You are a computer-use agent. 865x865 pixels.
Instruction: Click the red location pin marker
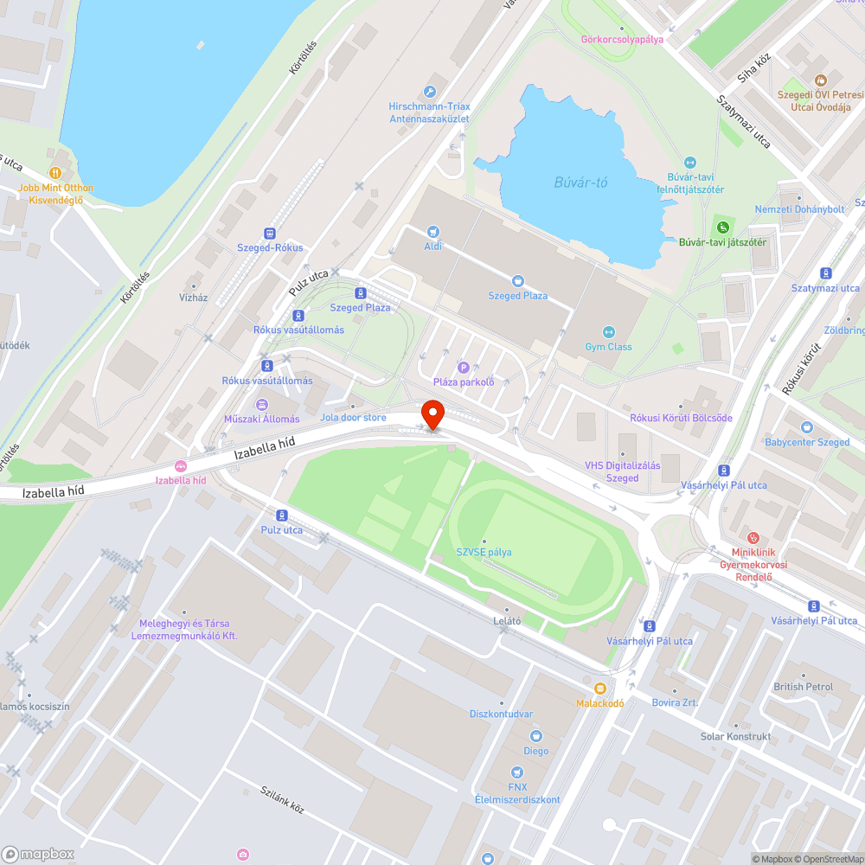coord(432,413)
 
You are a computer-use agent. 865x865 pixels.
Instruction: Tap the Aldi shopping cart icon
coord(433,232)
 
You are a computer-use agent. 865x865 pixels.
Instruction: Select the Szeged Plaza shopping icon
coord(518,280)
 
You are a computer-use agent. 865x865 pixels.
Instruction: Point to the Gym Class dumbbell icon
coord(608,332)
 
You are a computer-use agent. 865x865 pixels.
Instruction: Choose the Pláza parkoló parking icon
coord(464,368)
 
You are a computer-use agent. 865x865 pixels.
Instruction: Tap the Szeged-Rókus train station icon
coord(270,233)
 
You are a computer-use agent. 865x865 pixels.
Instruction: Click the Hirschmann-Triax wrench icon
coord(430,92)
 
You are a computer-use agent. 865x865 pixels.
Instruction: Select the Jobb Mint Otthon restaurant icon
coord(55,173)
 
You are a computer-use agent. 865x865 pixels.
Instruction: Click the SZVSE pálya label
coord(484,552)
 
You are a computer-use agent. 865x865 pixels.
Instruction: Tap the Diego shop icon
coord(536,736)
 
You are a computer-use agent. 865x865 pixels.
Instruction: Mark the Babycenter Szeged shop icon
coord(807,427)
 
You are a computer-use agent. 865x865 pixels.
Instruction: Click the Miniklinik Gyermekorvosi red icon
coord(753,537)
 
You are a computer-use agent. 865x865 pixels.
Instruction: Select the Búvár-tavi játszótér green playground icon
coord(722,227)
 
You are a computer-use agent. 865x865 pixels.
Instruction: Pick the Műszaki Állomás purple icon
coord(261,404)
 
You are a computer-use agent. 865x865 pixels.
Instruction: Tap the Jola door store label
coord(353,417)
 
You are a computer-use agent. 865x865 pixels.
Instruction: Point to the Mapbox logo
coord(38,853)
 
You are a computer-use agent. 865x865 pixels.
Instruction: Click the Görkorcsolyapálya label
coord(622,40)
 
